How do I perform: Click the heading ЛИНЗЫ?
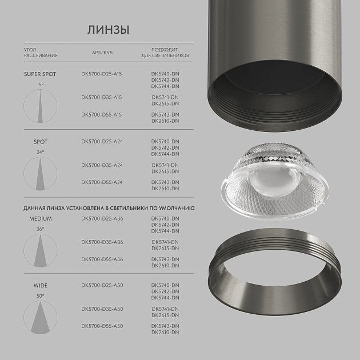[108, 29]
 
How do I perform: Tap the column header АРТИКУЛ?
[102, 53]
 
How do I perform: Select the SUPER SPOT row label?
[40, 74]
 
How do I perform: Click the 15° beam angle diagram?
[40, 107]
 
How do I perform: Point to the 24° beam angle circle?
[40, 175]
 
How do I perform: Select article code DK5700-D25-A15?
[102, 74]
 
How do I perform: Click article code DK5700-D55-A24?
[102, 182]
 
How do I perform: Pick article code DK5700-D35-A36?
[102, 242]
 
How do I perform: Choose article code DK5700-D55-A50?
[102, 326]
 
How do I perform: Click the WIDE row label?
[40, 285]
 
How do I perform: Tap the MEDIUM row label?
[40, 218]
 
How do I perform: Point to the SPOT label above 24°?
[40, 142]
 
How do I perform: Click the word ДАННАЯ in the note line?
[38, 209]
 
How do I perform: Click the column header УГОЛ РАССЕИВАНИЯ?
[41, 53]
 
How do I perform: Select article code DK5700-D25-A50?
[102, 285]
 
